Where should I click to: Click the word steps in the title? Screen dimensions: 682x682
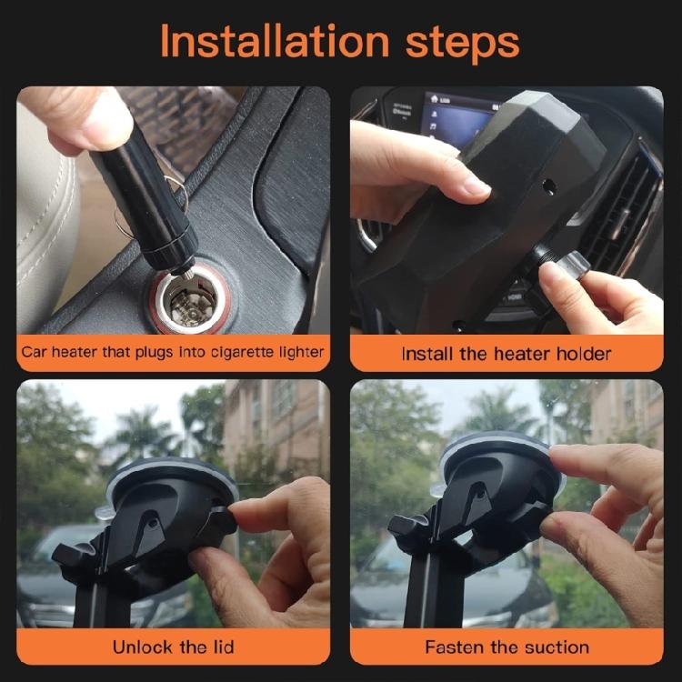tap(462, 42)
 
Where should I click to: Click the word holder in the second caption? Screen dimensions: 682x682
tap(582, 353)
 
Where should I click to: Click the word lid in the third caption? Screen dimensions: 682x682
tap(219, 647)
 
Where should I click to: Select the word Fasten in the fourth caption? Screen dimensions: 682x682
tap(455, 647)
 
